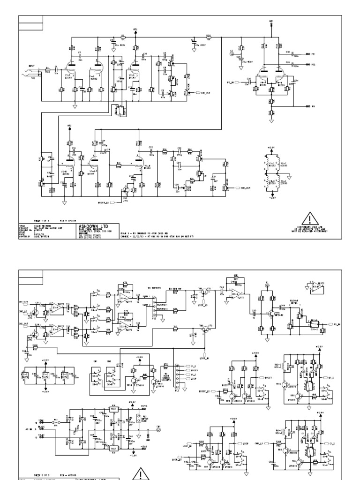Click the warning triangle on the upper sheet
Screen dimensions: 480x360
[x=310, y=218]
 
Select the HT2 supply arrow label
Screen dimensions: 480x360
[x=135, y=29]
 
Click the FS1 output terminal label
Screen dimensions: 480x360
[x=313, y=54]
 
